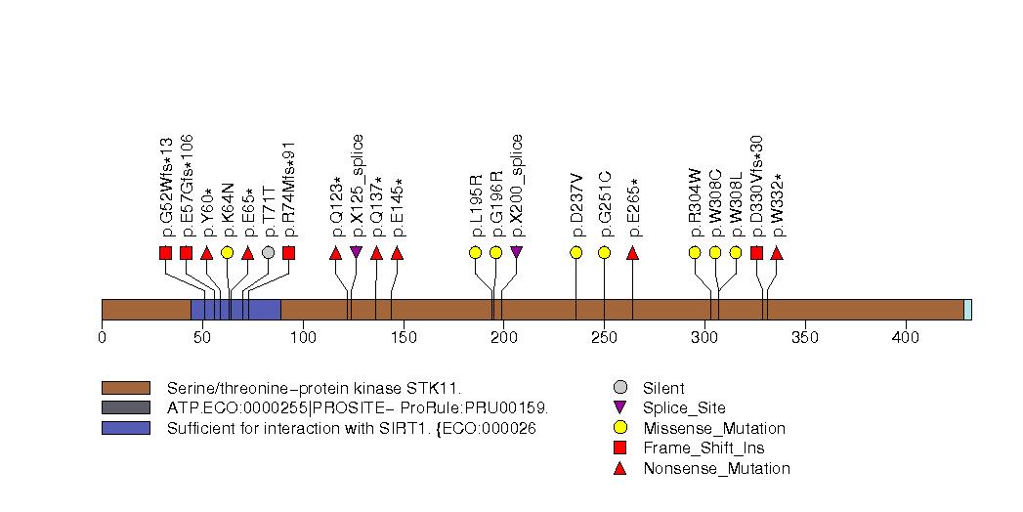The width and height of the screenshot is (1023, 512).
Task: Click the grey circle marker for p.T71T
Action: tap(268, 252)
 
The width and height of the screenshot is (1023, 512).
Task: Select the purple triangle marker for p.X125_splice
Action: tap(356, 252)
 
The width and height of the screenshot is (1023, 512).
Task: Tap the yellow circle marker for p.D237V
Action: tap(575, 252)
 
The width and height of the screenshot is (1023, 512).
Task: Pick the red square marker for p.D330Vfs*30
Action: tap(756, 253)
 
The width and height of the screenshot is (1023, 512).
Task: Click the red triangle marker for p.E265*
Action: tap(632, 253)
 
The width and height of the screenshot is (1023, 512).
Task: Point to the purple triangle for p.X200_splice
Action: tap(516, 252)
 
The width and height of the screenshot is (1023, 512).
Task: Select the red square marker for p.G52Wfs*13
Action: tap(165, 253)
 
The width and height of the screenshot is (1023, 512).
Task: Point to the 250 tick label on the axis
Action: tap(604, 338)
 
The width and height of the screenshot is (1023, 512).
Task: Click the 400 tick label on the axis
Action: tap(905, 338)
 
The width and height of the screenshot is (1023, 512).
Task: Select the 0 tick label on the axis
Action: tap(102, 338)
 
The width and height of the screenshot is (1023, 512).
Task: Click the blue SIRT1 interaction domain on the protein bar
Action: tap(234, 309)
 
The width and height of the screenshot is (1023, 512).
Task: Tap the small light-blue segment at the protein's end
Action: tap(967, 309)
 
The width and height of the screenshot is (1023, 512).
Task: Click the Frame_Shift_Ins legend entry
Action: tap(703, 448)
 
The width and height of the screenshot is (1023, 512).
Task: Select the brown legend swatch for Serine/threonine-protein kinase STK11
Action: tap(125, 388)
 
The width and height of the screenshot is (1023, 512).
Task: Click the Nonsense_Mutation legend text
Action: tap(716, 469)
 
